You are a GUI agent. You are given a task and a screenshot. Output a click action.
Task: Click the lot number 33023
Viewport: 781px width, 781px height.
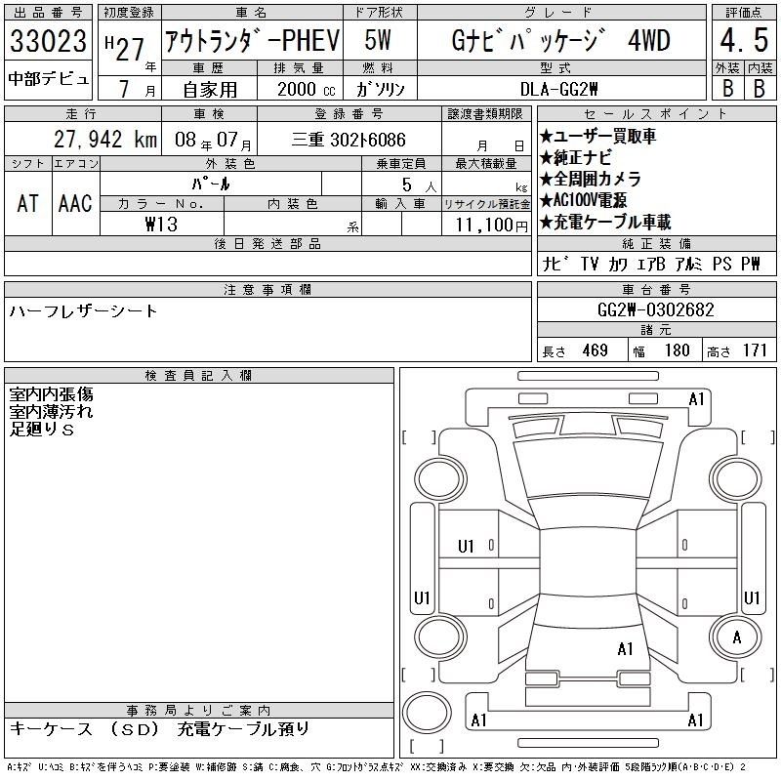click(48, 41)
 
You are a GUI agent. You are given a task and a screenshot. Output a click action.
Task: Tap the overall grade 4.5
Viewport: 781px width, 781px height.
click(744, 40)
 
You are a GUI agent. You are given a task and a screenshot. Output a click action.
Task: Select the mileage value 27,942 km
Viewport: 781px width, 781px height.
click(105, 140)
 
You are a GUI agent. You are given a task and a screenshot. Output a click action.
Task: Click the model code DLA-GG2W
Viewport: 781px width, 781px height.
click(558, 89)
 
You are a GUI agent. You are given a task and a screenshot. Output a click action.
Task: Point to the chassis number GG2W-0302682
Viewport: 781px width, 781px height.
click(655, 309)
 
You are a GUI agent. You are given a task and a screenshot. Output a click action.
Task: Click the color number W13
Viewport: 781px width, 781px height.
click(161, 225)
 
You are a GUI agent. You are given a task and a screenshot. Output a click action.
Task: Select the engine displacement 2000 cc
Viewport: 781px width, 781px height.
click(307, 89)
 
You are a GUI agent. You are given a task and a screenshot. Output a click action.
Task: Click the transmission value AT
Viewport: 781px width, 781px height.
click(28, 203)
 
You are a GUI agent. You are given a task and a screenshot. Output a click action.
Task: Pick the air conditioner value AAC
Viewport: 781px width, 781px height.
click(75, 203)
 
